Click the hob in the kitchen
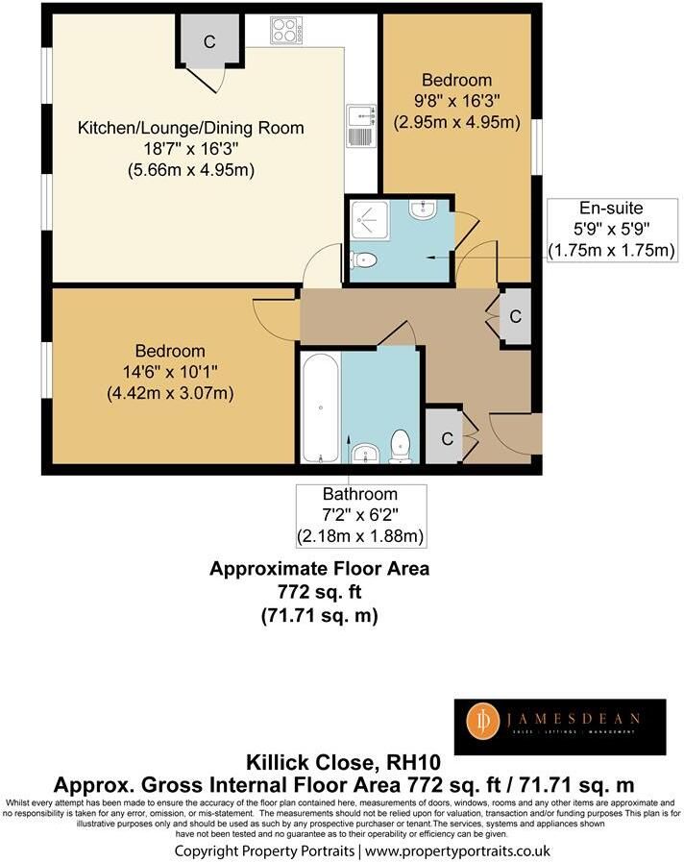(285, 30)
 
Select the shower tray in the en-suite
(370, 221)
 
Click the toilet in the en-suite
(364, 259)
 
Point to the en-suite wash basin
(423, 209)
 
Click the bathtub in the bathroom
(320, 407)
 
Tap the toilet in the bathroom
(400, 447)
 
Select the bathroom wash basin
(365, 455)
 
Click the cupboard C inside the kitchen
(209, 40)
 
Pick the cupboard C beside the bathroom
(447, 439)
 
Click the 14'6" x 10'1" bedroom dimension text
(170, 372)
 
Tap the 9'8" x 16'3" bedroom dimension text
(456, 101)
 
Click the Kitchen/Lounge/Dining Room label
(190, 128)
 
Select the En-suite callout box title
(611, 208)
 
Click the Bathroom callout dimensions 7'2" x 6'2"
(360, 514)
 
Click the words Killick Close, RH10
(343, 762)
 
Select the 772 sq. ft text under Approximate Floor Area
(319, 592)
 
